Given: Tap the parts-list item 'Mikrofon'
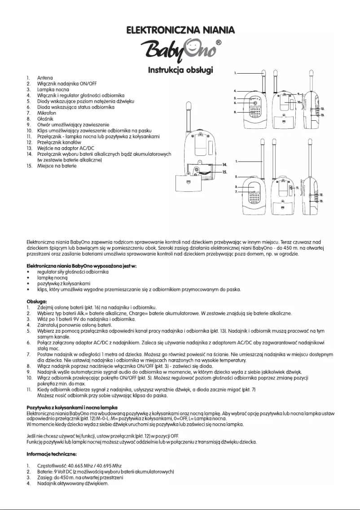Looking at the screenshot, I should pyautogui.click(x=47, y=113).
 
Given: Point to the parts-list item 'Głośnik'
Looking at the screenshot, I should pyautogui.click(x=45, y=119).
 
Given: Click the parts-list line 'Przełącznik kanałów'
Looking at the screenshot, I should pyautogui.click(x=59, y=142).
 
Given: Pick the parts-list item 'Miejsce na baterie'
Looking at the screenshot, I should pyautogui.click(x=57, y=166).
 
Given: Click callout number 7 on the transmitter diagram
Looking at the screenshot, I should pyautogui.click(x=236, y=192).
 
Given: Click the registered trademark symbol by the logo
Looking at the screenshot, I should pyautogui.click(x=218, y=42).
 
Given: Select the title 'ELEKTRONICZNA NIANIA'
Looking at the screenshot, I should pyautogui.click(x=180, y=31).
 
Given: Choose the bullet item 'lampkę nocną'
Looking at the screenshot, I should pyautogui.click(x=53, y=278).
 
